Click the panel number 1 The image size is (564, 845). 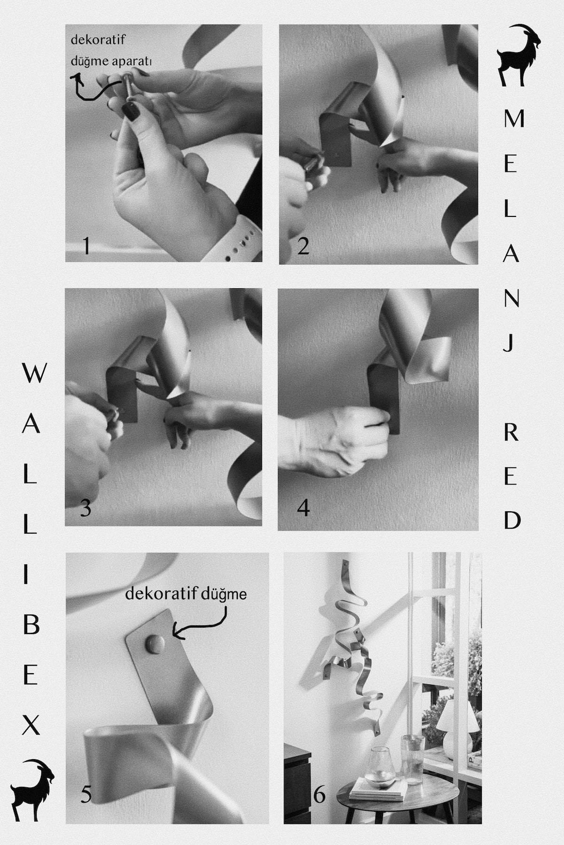point(86,246)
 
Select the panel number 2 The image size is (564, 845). point(303,246)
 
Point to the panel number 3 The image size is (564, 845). point(86,508)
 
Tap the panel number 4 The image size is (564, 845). point(304,508)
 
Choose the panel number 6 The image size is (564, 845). point(319,794)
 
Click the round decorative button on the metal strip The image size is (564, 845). point(154,644)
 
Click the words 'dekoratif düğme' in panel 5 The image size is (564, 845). point(186,595)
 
